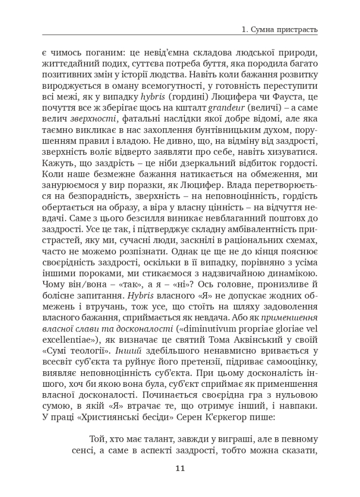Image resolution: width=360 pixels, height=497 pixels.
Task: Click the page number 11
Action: (x=180, y=468)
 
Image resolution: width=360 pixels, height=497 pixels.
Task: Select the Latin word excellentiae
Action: (x=67, y=329)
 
